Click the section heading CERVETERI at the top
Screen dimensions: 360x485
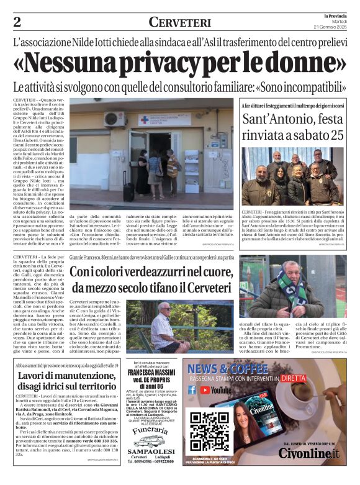tap(179, 22)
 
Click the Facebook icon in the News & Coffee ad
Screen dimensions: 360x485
tap(192, 389)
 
